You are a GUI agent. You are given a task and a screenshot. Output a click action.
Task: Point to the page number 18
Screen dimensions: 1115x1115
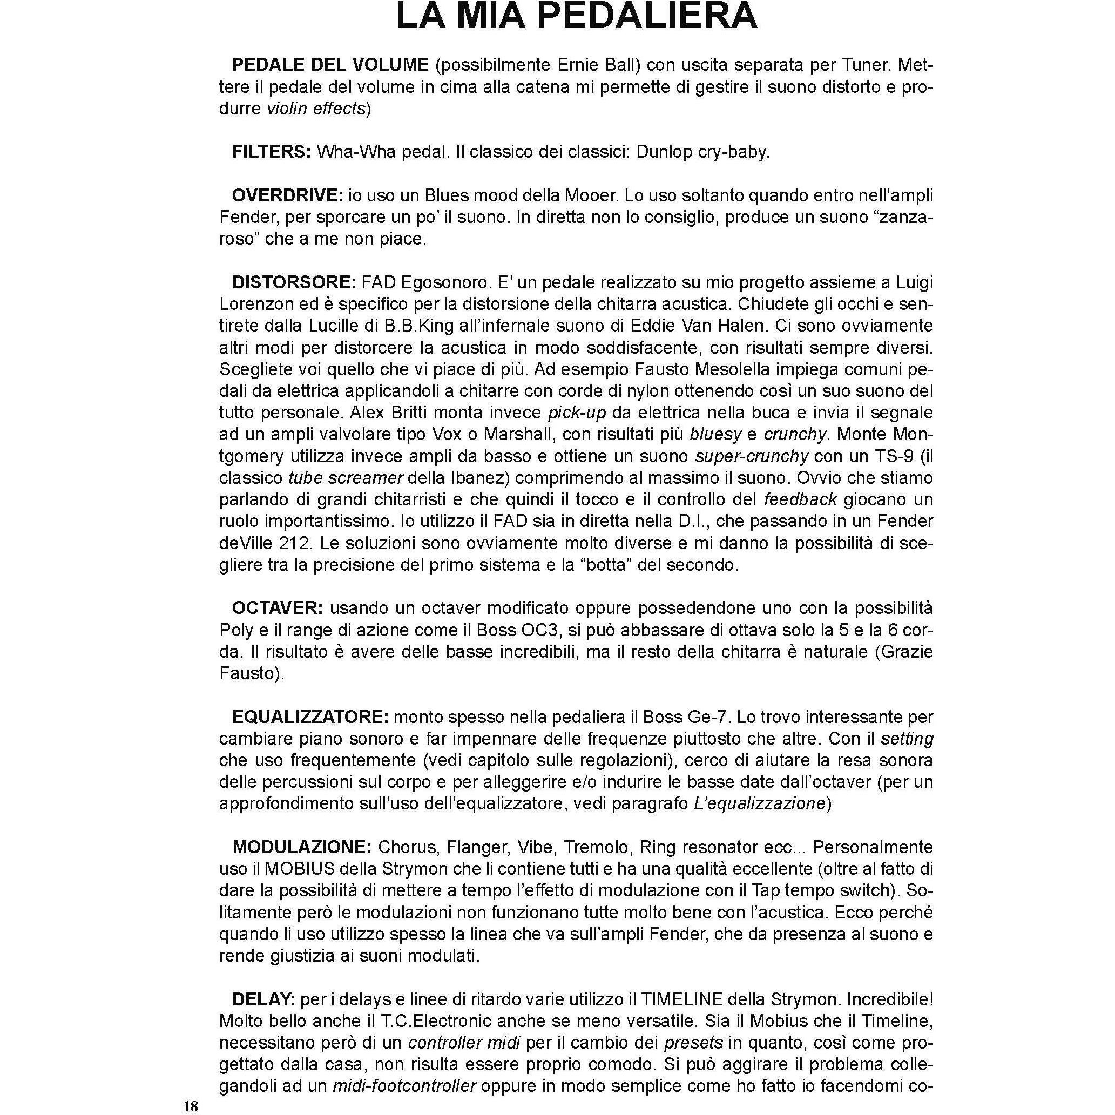coord(191,1106)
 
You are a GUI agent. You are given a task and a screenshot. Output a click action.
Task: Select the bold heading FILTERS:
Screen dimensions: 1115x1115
coord(271,152)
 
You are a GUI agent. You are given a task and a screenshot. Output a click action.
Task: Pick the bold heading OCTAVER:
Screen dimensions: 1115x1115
coord(278,609)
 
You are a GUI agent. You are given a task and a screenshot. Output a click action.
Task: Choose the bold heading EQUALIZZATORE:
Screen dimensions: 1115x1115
coord(310,717)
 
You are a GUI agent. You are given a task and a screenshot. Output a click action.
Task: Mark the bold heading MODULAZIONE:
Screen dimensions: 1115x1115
coord(302,847)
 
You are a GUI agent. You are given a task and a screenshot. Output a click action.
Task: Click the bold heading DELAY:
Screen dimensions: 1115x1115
coord(263,999)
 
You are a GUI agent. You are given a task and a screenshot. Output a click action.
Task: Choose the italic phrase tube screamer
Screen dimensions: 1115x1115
coord(345,478)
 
